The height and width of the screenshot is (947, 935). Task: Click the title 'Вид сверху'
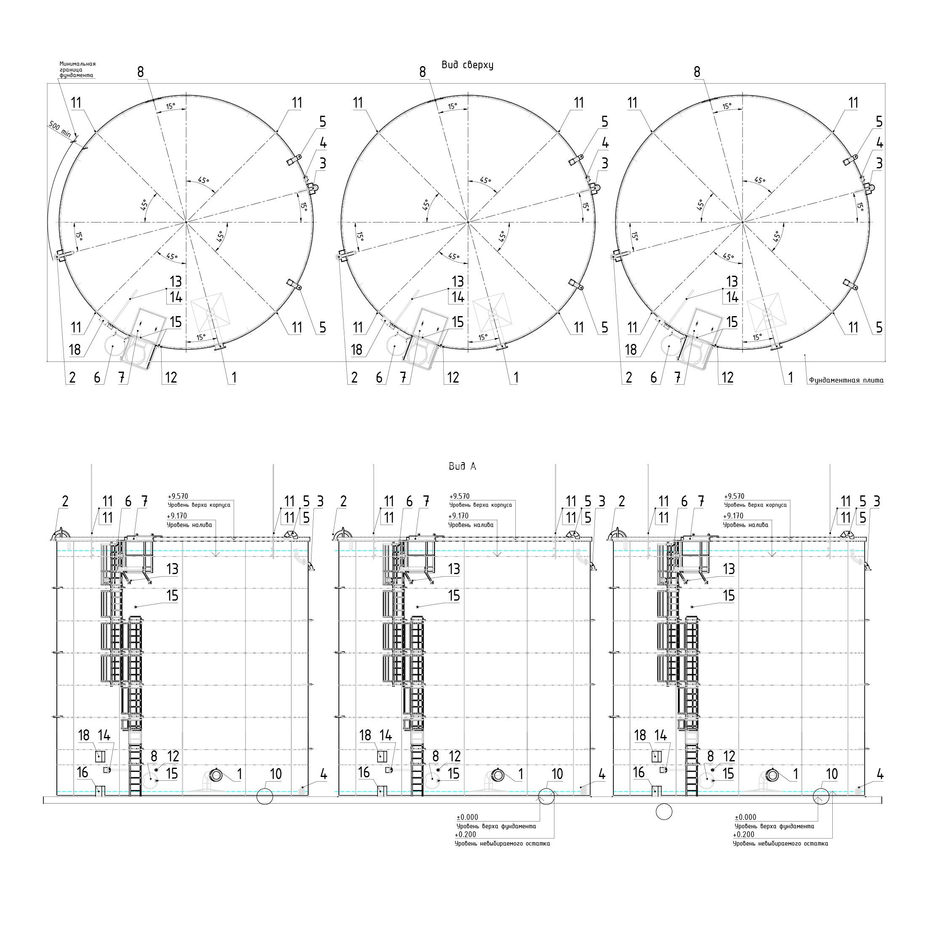(x=467, y=65)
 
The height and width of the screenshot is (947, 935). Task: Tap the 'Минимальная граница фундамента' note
(x=77, y=69)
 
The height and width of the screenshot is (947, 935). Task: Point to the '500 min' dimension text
(x=60, y=129)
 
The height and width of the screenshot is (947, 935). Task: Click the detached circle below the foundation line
(x=664, y=812)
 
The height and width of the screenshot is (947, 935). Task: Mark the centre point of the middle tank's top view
(x=468, y=222)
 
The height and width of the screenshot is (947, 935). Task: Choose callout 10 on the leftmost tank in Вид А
(x=276, y=774)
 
